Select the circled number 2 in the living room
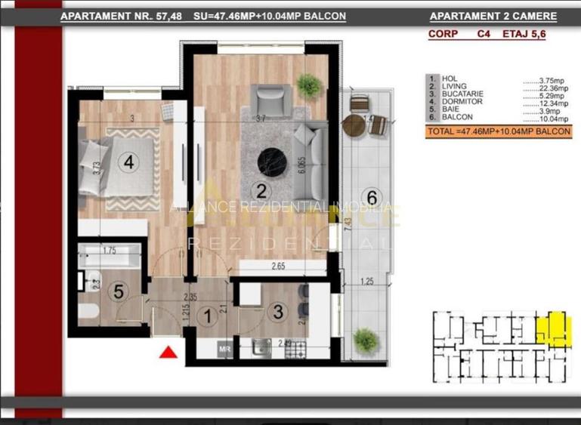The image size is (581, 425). pyautogui.click(x=261, y=189)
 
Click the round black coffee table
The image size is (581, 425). pyautogui.click(x=270, y=159)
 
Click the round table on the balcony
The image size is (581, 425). pyautogui.click(x=354, y=125)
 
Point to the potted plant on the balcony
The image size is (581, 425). pyautogui.click(x=366, y=339)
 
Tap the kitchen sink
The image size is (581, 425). pyautogui.click(x=261, y=346)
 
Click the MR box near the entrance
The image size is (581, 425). pyautogui.click(x=224, y=349)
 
